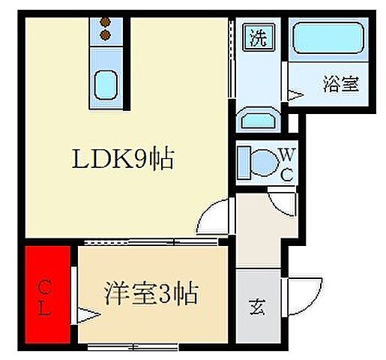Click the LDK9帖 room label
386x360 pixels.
pos(123,160)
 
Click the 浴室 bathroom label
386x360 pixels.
pos(340,84)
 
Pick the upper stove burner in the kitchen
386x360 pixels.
pos(106,21)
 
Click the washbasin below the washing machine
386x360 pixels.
pos(259,118)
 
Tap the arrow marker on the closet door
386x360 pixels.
pos(85,318)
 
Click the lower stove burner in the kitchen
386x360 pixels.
pos(106,34)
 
